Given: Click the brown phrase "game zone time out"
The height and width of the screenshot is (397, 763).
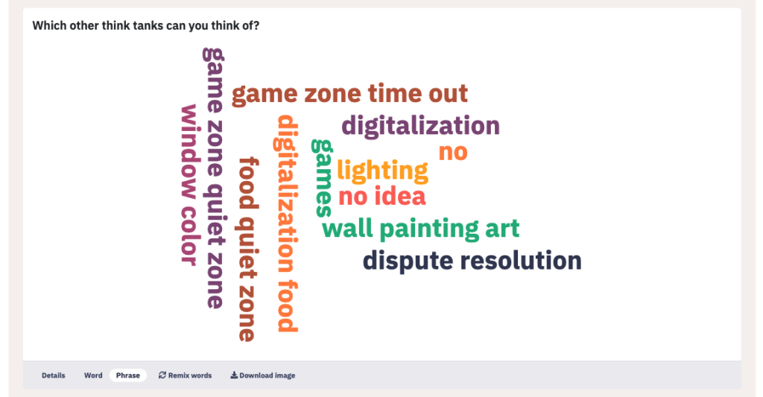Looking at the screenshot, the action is [349, 95].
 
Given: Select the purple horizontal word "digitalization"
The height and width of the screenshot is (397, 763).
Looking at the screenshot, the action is [420, 127].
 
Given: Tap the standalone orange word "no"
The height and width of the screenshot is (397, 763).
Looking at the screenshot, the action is [453, 153].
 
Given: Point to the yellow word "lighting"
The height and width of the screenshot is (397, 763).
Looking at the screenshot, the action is [382, 171].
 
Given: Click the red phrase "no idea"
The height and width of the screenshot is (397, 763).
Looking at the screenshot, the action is [382, 197].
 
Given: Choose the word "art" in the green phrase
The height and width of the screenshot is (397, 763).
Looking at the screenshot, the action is [502, 229].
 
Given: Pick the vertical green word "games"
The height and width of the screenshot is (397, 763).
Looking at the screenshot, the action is [322, 178].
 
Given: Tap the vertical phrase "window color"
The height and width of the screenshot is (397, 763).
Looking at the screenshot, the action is [189, 185].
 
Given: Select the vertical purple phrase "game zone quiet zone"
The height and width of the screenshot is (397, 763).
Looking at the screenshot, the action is [213, 178].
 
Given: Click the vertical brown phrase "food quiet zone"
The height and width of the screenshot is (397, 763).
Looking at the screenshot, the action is [248, 249].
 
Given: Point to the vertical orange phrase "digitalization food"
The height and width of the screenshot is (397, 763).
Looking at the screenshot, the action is [287, 223].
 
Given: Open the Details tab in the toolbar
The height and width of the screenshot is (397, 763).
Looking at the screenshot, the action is [54, 375].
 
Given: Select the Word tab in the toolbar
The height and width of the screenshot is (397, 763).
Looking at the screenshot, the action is [93, 375].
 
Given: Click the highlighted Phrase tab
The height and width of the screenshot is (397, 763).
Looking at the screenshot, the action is [128, 375].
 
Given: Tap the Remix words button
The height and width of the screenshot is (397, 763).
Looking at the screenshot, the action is [185, 375].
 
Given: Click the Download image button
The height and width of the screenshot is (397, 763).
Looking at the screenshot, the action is [263, 375].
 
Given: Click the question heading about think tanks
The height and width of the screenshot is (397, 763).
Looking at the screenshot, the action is [146, 26].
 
